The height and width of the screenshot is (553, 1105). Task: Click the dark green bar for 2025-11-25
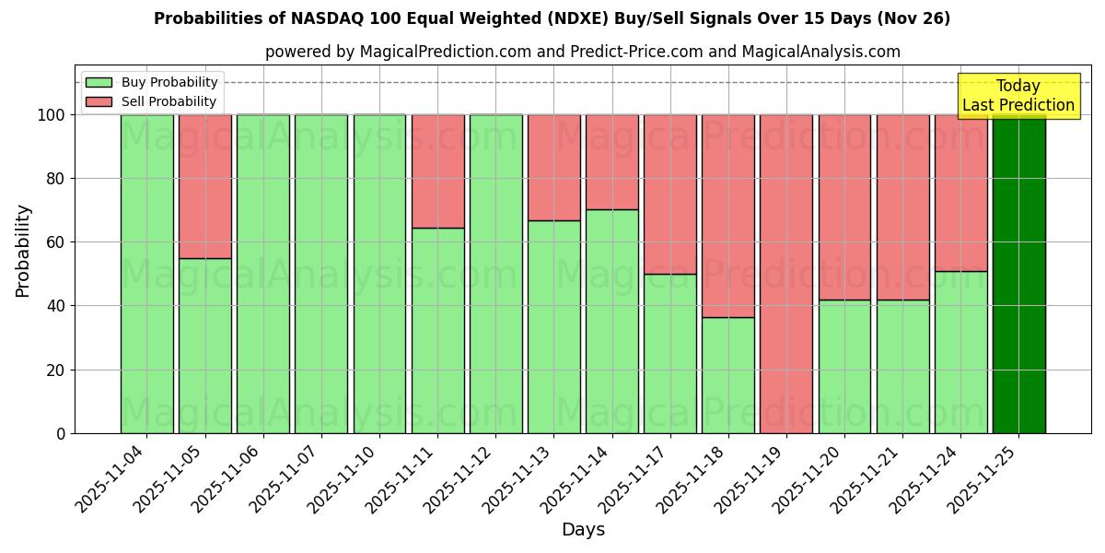pos(1018,274)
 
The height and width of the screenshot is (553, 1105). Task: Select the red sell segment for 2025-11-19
pos(786,274)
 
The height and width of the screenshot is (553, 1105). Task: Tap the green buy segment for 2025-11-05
pos(204,346)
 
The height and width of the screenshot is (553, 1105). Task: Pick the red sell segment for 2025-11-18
pos(728,216)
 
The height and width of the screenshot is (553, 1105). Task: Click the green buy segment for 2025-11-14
pos(612,321)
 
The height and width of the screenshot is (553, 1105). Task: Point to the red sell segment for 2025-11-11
pos(437,171)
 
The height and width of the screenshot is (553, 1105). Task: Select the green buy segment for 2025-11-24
pos(960,352)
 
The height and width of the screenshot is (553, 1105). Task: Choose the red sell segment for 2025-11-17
pos(670,194)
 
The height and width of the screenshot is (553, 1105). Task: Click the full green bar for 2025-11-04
pos(146,274)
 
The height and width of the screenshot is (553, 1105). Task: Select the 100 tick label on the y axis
pos(52,115)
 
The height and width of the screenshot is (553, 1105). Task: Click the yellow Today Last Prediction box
pos(1018,96)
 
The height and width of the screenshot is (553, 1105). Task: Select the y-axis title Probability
pos(23,251)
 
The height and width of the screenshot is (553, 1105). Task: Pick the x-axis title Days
pos(583,530)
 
